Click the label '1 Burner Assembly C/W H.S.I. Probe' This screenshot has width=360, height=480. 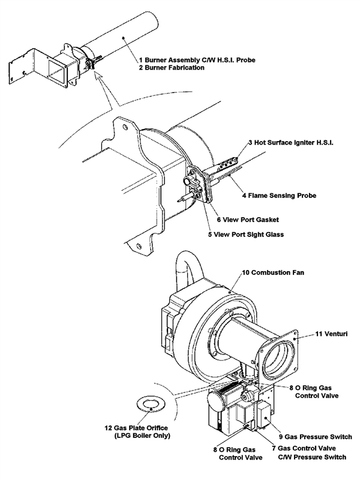click(x=198, y=60)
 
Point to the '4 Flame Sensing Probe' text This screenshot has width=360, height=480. click(x=279, y=196)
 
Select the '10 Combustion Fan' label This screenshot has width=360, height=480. click(x=272, y=273)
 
